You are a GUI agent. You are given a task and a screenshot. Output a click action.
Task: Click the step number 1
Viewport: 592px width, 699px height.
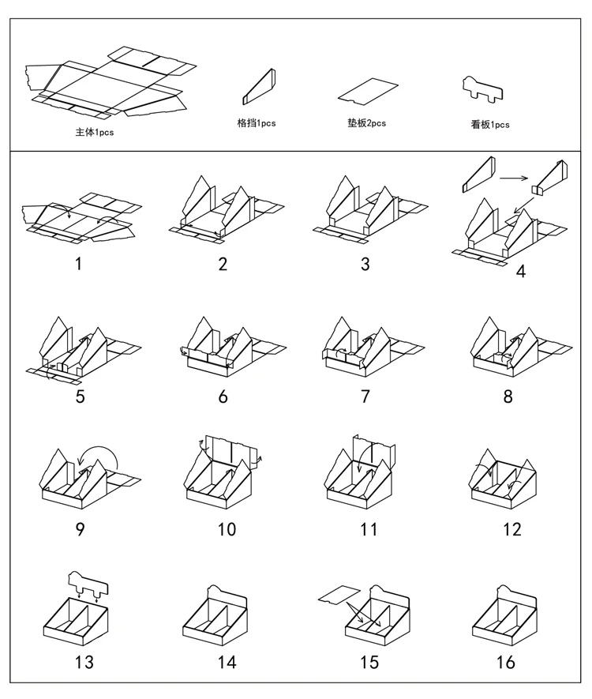[x=78, y=264]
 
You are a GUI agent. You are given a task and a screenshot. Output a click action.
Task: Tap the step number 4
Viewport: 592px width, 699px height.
[x=520, y=272]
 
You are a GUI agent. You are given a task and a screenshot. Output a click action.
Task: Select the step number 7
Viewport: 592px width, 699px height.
[x=365, y=396]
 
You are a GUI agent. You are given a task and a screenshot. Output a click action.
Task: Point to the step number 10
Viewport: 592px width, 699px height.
[x=227, y=528]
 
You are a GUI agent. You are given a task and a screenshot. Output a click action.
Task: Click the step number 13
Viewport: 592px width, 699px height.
[x=84, y=662]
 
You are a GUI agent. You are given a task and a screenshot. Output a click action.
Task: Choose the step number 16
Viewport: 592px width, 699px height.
[x=506, y=662]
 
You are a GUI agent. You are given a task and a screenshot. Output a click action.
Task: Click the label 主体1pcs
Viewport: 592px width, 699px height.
[x=95, y=133]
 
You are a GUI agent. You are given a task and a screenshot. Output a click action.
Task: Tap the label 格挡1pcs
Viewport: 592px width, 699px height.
[x=257, y=123]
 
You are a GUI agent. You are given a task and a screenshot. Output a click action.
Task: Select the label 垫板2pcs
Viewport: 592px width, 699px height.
[x=366, y=122]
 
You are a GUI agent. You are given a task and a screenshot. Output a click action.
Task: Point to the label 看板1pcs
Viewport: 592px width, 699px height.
[x=490, y=124]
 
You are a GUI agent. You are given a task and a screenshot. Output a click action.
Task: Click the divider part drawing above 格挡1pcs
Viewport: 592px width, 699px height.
[x=258, y=86]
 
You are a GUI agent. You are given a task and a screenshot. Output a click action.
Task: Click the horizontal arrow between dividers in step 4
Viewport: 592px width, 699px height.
[x=514, y=178]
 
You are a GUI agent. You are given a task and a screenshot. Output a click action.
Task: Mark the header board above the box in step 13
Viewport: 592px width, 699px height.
[x=87, y=584]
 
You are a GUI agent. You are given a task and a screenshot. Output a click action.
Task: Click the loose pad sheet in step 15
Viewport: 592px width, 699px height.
[x=340, y=593]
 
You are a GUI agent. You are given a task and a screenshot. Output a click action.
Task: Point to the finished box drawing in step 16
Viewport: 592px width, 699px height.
[x=505, y=620]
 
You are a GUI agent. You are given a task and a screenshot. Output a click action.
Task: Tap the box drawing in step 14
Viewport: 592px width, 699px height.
[x=216, y=620]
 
